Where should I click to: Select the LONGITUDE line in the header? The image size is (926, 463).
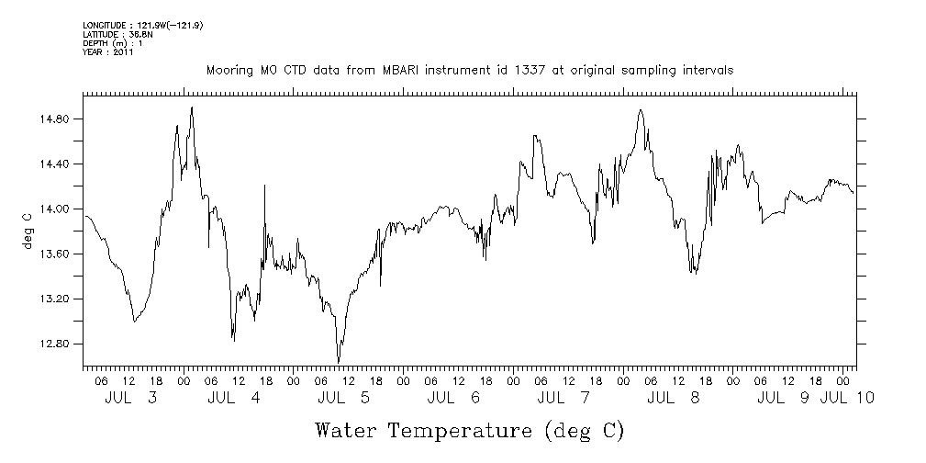click(x=142, y=25)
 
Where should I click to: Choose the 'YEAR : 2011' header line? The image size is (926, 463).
click(x=108, y=52)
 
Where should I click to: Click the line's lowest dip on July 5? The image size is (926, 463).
click(x=339, y=362)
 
